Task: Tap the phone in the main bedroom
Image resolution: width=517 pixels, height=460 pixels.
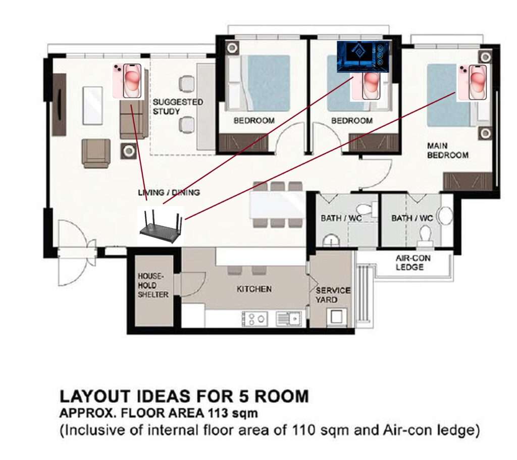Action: point(472,83)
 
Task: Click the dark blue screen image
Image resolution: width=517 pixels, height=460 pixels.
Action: point(363,57)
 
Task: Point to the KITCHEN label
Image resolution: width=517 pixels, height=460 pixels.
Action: point(254,289)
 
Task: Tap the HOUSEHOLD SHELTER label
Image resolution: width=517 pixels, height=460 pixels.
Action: point(152,285)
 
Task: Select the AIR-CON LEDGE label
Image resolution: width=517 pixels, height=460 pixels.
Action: point(413,263)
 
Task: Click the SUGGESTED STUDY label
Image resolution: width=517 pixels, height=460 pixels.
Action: point(177,107)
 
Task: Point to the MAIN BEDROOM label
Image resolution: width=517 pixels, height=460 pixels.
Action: point(447,150)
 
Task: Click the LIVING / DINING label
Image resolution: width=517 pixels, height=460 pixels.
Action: point(169,192)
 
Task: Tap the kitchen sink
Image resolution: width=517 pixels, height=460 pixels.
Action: point(288,319)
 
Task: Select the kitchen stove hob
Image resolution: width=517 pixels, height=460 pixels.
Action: point(254,319)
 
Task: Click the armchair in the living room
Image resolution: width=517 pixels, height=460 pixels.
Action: point(96,153)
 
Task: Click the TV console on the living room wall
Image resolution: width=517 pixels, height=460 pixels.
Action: point(60,105)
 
